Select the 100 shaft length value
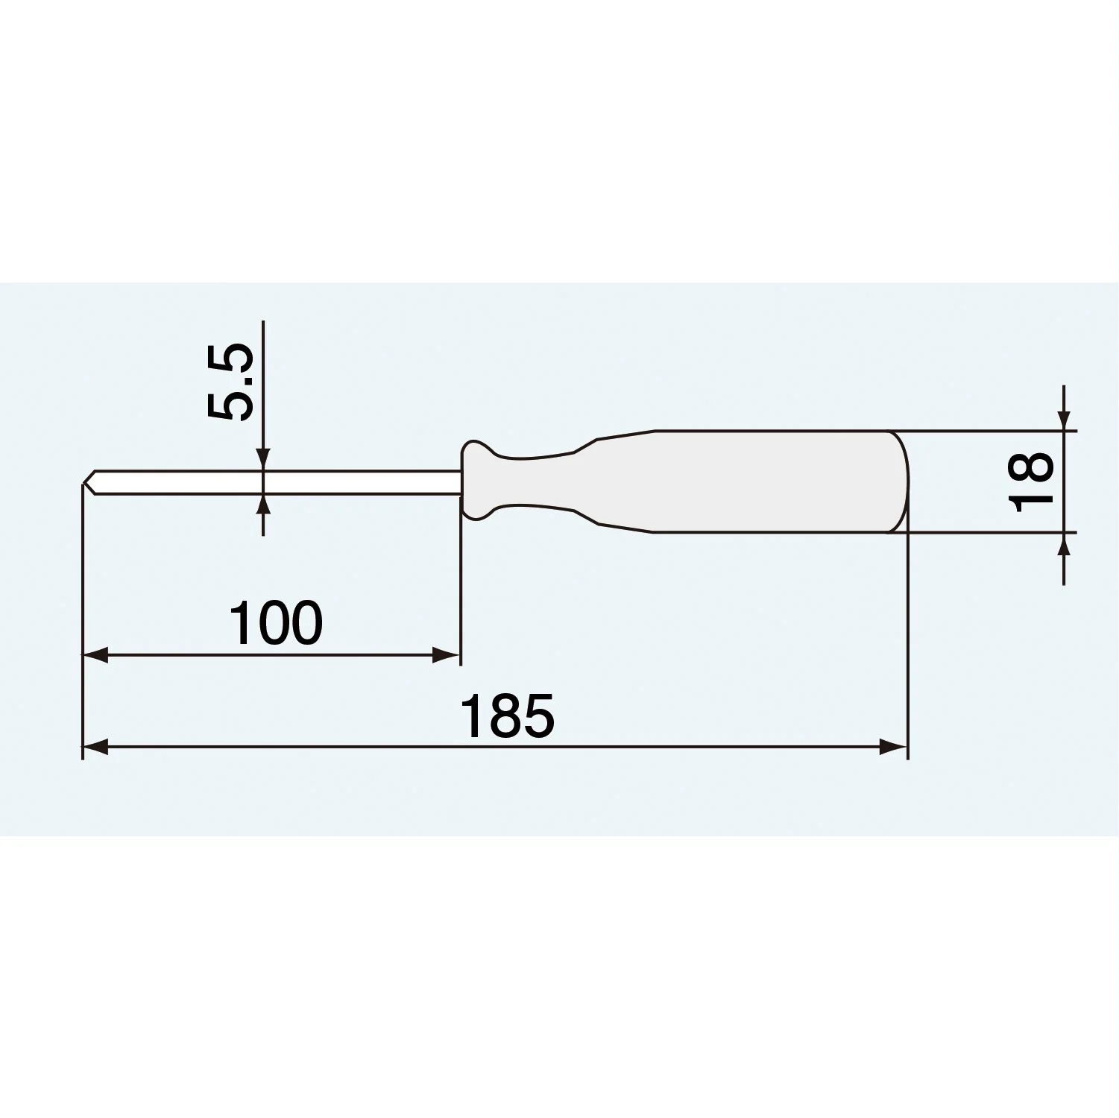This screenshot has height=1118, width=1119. click(277, 623)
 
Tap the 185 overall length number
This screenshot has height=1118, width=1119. click(508, 716)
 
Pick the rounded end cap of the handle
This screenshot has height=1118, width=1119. click(901, 481)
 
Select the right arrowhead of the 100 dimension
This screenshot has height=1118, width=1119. click(446, 656)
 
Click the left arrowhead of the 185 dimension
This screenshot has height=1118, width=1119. click(95, 747)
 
